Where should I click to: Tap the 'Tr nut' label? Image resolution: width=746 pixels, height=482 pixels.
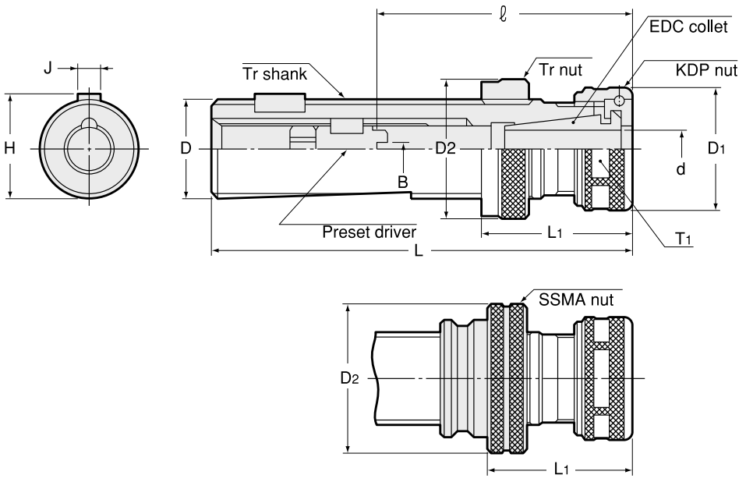(x=560, y=69)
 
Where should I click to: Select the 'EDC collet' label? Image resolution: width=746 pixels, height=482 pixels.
(x=688, y=27)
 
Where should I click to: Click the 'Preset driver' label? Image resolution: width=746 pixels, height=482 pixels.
(x=369, y=232)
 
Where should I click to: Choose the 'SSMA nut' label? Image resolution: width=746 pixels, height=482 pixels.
(x=577, y=299)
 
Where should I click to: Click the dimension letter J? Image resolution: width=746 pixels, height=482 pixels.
(x=48, y=69)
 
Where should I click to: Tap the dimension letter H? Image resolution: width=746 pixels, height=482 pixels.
(x=9, y=147)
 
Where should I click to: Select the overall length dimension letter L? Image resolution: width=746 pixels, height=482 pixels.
(x=419, y=253)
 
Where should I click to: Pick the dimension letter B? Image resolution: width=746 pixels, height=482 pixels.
(x=403, y=182)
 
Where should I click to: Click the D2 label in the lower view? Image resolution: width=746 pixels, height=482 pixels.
(x=349, y=378)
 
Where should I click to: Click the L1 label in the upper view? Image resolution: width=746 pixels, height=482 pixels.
(x=555, y=232)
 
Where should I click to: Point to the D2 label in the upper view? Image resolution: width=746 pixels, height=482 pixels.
(x=445, y=148)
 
